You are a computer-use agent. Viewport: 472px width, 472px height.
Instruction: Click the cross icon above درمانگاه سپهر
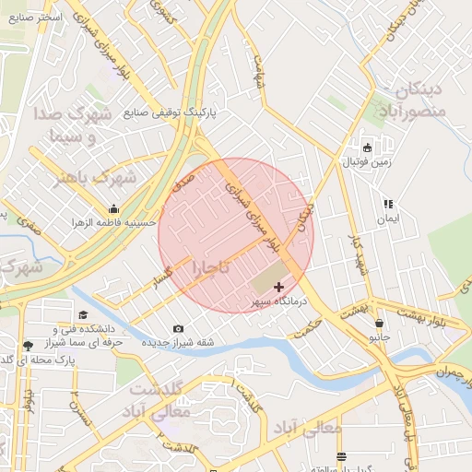point(279,288)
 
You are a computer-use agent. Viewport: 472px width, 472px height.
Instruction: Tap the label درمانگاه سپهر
point(280,302)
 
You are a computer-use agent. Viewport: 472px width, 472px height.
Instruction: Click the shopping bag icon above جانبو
point(380,323)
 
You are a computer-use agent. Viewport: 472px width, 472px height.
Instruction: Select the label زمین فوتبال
point(368,162)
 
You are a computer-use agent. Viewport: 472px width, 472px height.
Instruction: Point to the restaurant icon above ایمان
point(388,204)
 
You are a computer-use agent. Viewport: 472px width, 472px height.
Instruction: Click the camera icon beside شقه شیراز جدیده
point(178,329)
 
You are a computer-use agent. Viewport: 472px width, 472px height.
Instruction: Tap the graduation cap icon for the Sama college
point(83,315)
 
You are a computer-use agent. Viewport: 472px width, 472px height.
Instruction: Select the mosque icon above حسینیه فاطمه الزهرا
point(113,208)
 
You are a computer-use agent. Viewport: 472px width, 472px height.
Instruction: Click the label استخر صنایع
point(38,17)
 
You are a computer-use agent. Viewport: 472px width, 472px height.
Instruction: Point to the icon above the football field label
point(368,147)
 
